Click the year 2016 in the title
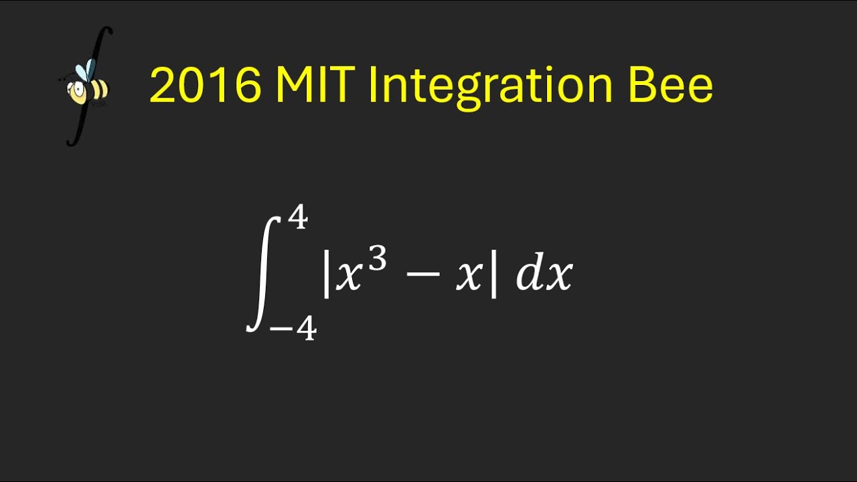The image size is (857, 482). [205, 86]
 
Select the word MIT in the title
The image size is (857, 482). [315, 86]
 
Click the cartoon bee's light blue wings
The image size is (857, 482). [85, 70]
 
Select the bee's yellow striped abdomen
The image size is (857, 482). [97, 90]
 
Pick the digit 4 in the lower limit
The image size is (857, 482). [306, 328]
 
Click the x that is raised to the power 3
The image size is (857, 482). [349, 277]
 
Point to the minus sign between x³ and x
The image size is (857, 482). [422, 276]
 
